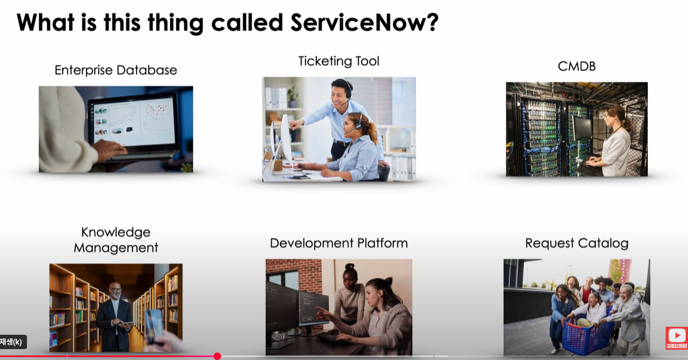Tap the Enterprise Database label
[116, 70]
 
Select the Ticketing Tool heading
[339, 61]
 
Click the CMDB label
[576, 66]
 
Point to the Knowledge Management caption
[116, 240]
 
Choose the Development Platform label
[339, 243]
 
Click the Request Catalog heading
[576, 243]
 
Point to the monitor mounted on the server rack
[582, 127]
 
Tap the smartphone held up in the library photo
[154, 324]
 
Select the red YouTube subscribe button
[677, 338]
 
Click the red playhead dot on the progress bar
[217, 356]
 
